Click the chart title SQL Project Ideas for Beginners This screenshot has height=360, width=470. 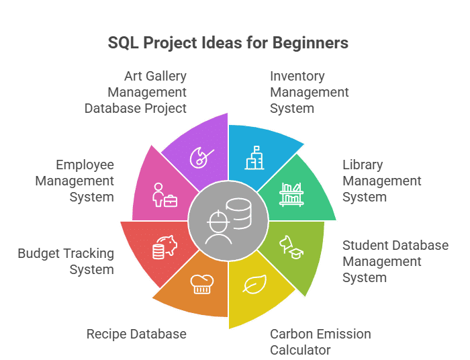pos(228,43)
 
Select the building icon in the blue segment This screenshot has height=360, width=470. pos(253,159)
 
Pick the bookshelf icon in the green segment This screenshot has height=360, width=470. pos(291,193)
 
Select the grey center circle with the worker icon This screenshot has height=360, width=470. pos(228,221)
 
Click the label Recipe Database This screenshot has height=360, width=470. pos(136,334)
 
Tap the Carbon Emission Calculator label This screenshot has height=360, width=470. pos(320,342)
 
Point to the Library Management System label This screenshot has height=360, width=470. pos(381,181)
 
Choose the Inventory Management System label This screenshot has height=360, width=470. pos(309,92)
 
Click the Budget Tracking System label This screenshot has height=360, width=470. pos(66,261)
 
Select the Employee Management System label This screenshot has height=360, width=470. pos(75,181)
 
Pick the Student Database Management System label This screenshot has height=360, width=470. pos(395,261)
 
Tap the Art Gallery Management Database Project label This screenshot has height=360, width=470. pos(136,92)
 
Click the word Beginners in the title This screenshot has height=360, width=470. pos(310,43)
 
